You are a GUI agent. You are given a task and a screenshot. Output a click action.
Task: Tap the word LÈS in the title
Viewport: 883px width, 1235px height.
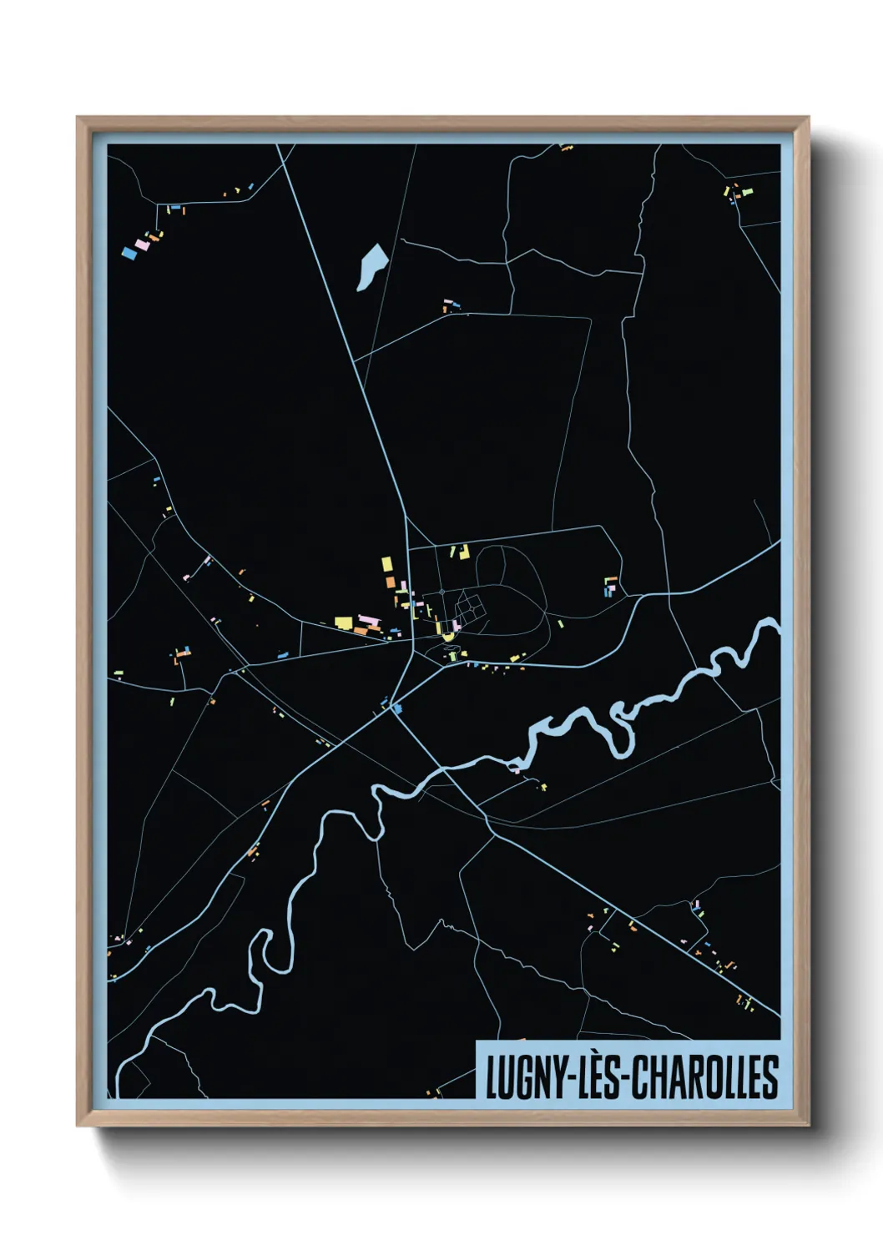[x=598, y=1076]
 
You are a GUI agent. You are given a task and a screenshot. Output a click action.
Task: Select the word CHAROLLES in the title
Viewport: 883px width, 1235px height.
[x=704, y=1076]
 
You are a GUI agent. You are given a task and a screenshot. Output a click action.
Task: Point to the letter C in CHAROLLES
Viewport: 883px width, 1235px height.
[x=640, y=1076]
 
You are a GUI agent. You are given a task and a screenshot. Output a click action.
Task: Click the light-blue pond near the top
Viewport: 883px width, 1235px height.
[x=370, y=266]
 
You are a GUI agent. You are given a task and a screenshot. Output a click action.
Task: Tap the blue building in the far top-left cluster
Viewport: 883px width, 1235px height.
[x=129, y=252]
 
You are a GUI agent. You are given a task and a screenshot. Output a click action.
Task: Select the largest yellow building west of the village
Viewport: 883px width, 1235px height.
[x=343, y=622]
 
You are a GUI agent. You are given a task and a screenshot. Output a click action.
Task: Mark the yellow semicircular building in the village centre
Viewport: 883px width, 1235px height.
[x=448, y=637]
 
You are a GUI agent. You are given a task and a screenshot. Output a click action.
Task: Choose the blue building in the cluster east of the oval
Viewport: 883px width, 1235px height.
[x=608, y=592]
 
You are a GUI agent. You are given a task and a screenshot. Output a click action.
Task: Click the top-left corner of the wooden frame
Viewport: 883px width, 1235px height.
[x=78, y=118]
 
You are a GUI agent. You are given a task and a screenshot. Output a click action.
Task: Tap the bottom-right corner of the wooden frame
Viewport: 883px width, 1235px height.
[x=808, y=1126]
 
